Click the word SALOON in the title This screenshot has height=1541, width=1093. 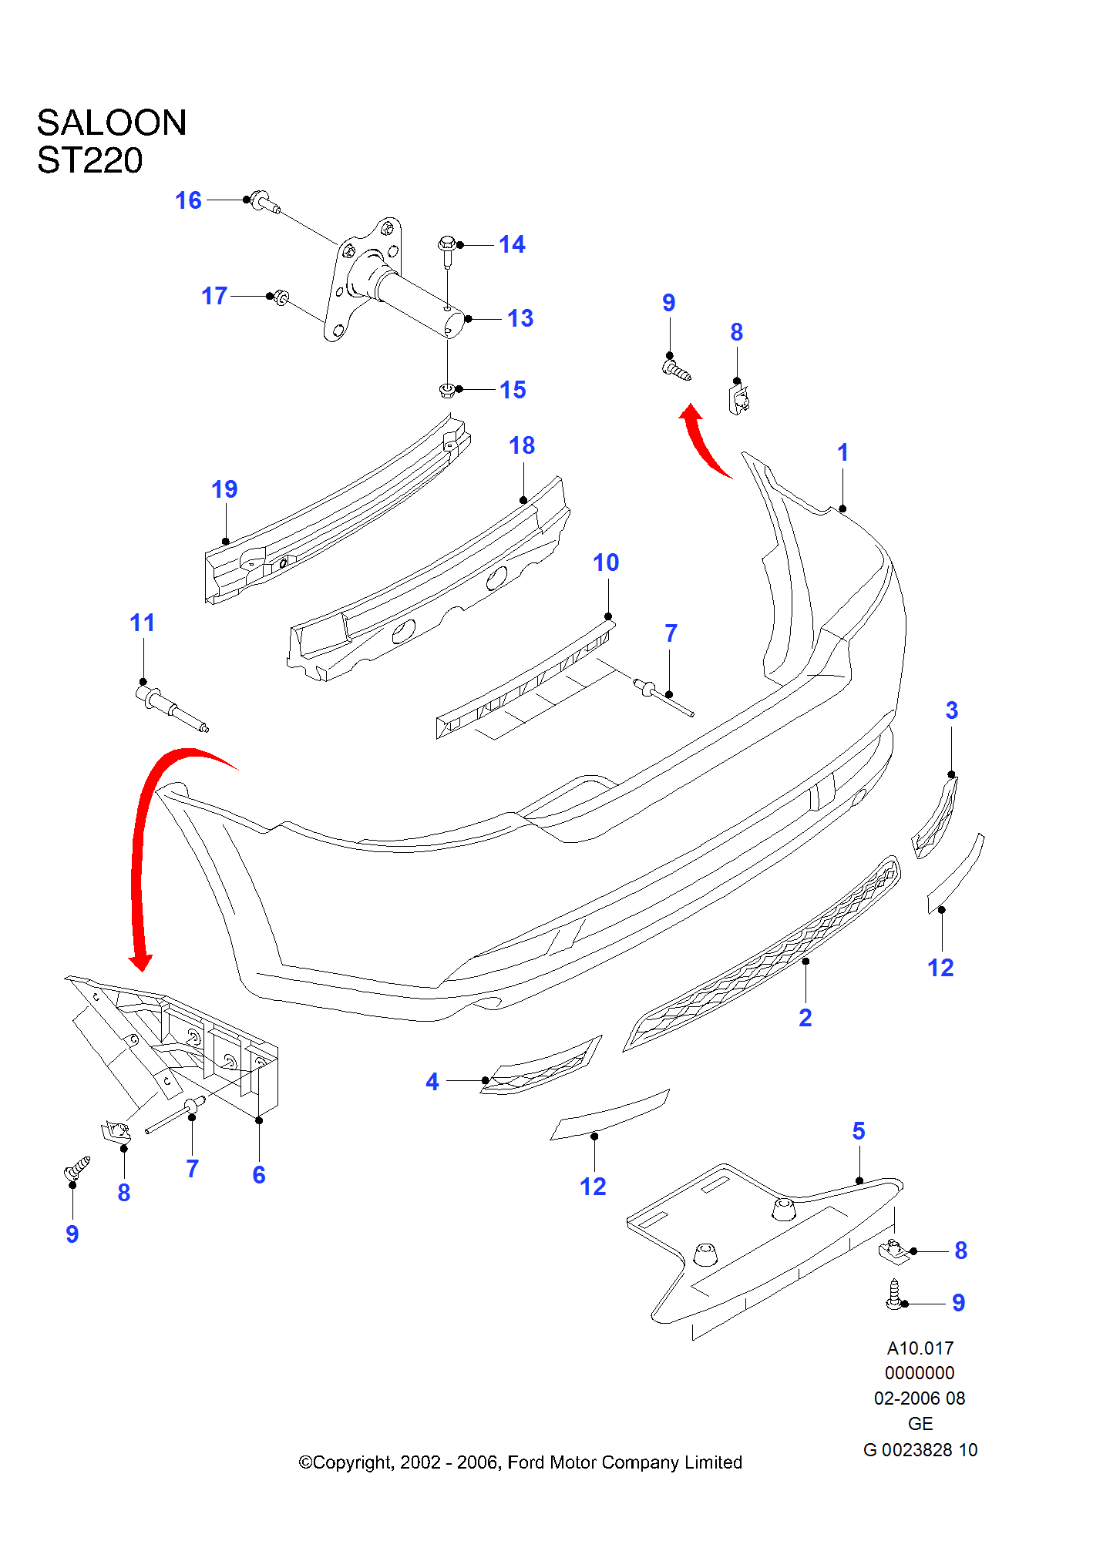[x=112, y=123]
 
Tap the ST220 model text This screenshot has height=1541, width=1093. [x=90, y=161]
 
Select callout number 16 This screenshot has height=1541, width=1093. [x=188, y=201]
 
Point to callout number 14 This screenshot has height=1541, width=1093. [x=512, y=245]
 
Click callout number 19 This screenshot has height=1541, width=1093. [x=224, y=489]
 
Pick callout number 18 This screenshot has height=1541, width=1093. [x=522, y=445]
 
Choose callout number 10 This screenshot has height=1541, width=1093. [x=606, y=562]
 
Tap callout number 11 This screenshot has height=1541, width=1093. [x=143, y=623]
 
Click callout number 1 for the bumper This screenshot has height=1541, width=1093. [x=842, y=452]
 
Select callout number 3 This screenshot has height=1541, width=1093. [x=952, y=710]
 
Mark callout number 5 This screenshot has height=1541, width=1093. [x=859, y=1131]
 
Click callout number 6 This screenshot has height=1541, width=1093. [x=259, y=1175]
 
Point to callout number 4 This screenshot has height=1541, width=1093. [x=432, y=1082]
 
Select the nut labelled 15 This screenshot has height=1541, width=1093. [x=446, y=390]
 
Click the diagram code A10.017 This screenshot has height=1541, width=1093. [x=920, y=1348]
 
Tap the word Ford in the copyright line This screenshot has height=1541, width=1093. [x=526, y=1462]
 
